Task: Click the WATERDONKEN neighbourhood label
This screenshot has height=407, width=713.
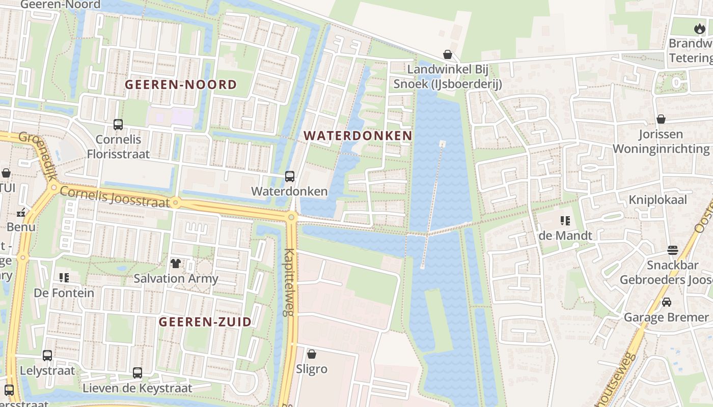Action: [358, 135]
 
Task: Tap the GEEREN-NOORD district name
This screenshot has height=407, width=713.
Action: [181, 84]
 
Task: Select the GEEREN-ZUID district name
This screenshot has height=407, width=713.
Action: [205, 322]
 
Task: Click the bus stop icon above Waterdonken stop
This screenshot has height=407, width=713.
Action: [290, 177]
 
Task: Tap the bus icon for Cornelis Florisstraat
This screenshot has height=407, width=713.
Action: [118, 125]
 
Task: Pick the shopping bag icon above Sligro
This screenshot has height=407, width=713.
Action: [312, 354]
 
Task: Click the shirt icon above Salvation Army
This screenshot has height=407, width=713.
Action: [176, 263]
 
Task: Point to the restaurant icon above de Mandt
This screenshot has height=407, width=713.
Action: [565, 221]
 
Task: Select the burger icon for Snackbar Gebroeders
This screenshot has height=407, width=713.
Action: [673, 250]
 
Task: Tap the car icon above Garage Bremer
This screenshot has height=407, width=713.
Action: [666, 302]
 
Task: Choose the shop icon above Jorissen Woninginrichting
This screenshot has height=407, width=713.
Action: [661, 119]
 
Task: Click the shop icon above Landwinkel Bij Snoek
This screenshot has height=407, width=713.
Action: [448, 54]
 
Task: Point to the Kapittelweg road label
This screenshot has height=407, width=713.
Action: [289, 282]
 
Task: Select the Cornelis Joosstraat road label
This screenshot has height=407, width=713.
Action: [115, 197]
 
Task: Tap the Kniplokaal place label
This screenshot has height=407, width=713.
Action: [657, 199]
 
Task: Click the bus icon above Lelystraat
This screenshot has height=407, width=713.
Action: [47, 356]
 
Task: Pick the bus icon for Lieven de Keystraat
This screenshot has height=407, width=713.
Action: [138, 373]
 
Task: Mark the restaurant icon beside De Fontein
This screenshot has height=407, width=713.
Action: [64, 278]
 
